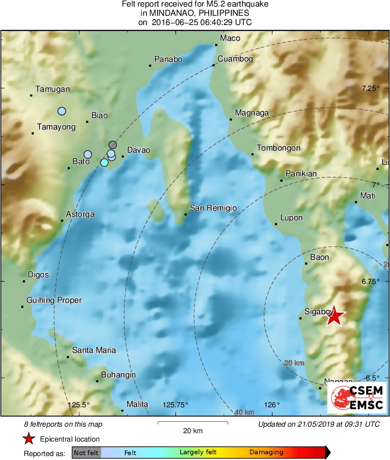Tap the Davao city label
tap(138, 150)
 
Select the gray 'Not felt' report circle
tap(113, 144)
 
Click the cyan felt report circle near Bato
tap(104, 162)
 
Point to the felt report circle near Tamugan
tap(62, 111)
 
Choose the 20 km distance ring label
tap(294, 363)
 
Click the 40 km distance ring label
tap(244, 412)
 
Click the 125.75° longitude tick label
tap(176, 405)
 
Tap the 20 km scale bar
tap(192, 423)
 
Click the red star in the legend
tap(29, 438)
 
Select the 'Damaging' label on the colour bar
tap(266, 452)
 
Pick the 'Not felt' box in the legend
tap(86, 452)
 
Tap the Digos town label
tap(38, 275)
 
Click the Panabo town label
tap(168, 59)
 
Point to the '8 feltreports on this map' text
tap(63, 424)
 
